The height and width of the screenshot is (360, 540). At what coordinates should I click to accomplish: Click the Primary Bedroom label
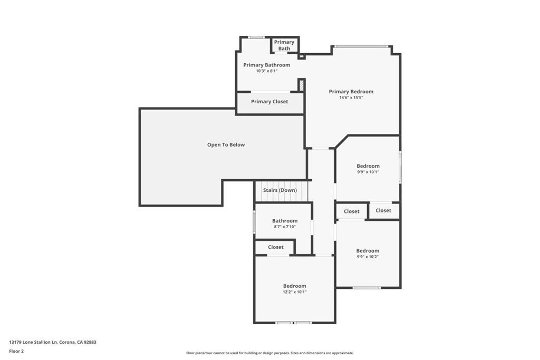click(x=351, y=92)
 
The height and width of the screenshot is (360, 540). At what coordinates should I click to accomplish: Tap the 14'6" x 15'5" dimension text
click(x=351, y=98)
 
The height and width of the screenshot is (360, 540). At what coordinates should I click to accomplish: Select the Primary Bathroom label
click(x=266, y=65)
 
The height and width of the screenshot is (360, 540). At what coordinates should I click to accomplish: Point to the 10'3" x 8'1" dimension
click(x=266, y=71)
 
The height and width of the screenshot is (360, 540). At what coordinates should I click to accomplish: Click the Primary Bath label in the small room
click(x=284, y=45)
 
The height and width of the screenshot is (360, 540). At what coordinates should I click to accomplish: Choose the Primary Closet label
click(x=269, y=102)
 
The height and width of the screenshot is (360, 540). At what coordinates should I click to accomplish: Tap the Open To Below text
click(x=226, y=145)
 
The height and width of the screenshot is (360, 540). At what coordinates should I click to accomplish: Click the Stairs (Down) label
click(x=280, y=190)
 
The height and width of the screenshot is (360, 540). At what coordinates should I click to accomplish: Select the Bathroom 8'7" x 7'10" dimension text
click(x=285, y=227)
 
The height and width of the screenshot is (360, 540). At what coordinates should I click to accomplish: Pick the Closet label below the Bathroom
click(x=275, y=247)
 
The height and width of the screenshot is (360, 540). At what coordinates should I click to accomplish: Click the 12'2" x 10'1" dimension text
click(x=294, y=292)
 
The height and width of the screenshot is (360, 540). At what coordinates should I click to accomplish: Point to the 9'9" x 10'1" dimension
click(x=368, y=172)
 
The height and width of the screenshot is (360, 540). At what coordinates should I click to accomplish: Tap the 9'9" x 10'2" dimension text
click(x=368, y=257)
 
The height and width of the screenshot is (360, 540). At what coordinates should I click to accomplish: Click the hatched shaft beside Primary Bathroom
click(x=301, y=85)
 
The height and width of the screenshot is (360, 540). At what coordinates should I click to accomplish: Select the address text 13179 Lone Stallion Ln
click(x=33, y=342)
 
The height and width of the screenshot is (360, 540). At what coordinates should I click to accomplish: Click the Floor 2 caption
click(x=16, y=352)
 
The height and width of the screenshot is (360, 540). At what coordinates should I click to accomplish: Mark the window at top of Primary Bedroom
click(x=362, y=46)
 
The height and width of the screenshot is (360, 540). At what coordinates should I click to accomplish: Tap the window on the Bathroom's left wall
click(x=255, y=222)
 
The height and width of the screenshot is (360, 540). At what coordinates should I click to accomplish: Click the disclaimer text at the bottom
click(x=269, y=353)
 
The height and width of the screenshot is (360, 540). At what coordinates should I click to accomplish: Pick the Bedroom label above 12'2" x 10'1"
click(x=294, y=286)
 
